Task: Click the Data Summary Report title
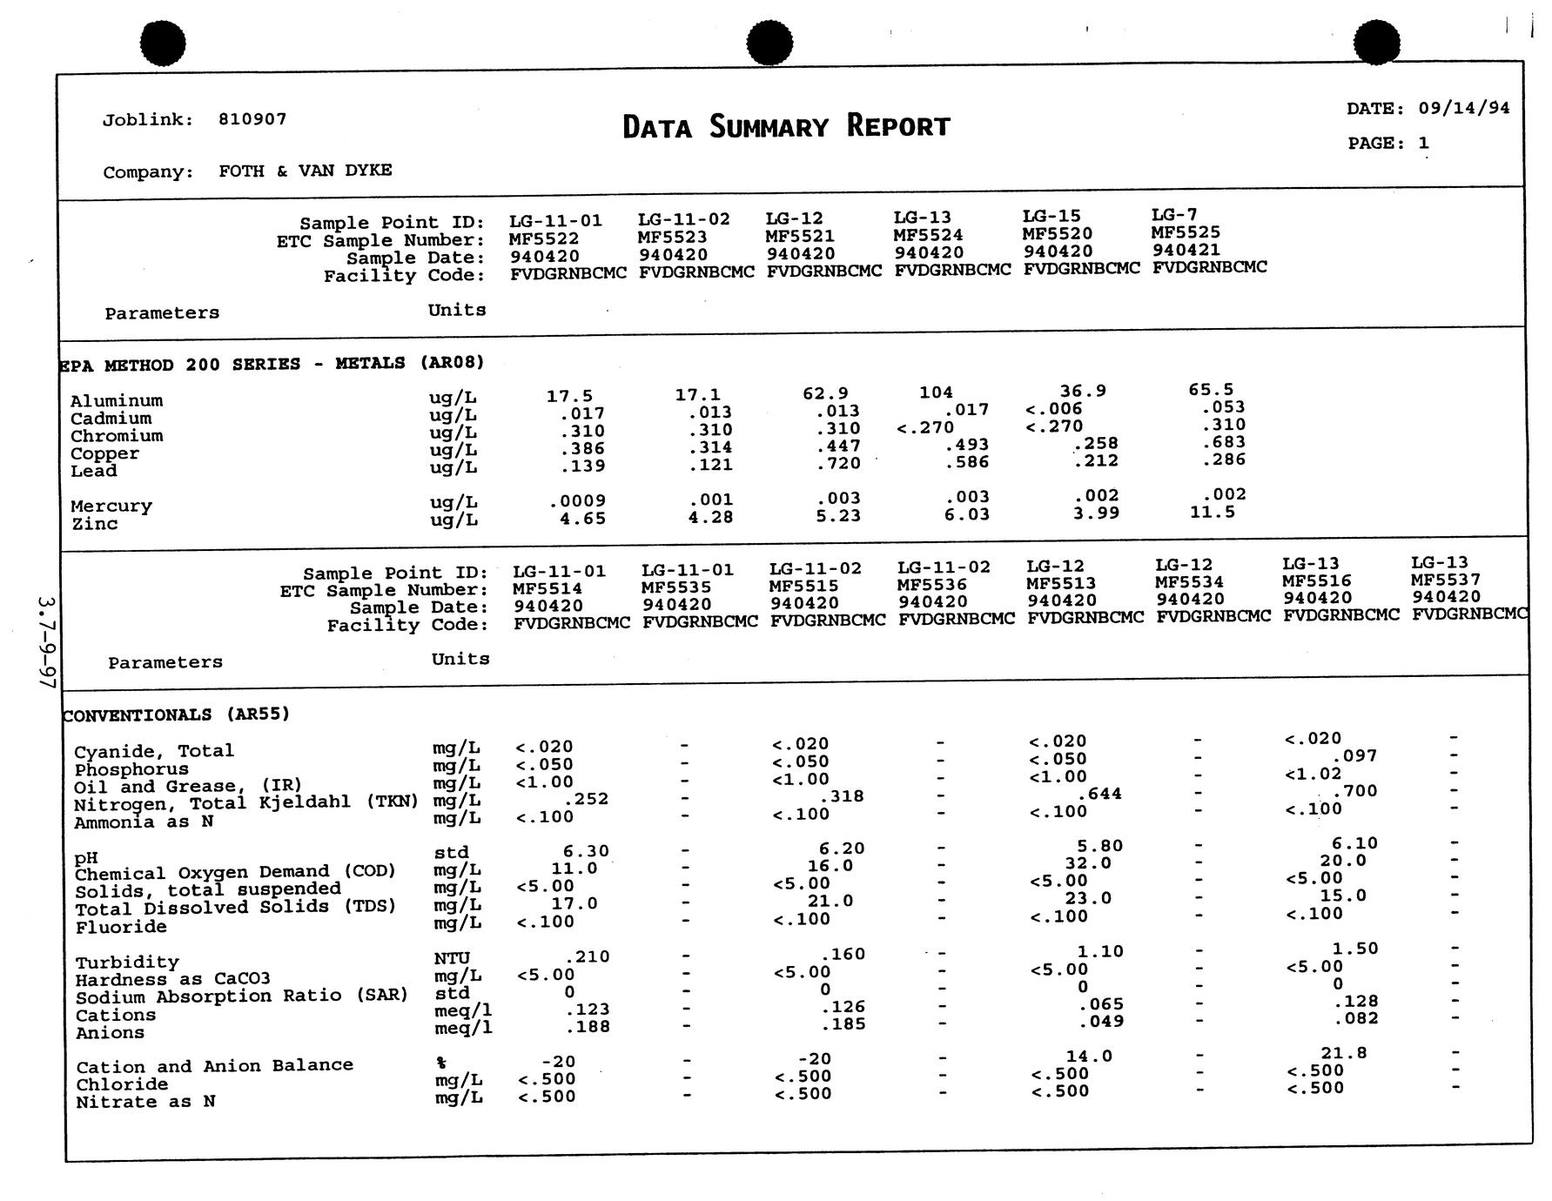click(x=786, y=127)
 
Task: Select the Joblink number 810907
click(x=252, y=119)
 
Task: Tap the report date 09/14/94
click(x=1463, y=108)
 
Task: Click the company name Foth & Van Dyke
click(x=305, y=171)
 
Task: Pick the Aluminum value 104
click(x=936, y=393)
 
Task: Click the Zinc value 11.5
click(x=1212, y=513)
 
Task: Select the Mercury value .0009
click(x=577, y=501)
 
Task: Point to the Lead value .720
click(x=838, y=464)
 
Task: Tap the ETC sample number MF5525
click(x=1185, y=232)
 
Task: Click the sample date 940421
click(x=1186, y=250)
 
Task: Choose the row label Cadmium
click(x=111, y=419)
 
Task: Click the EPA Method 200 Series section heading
click(x=271, y=364)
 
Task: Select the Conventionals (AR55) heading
click(x=176, y=715)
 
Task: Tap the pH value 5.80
click(x=1099, y=846)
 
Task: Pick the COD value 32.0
click(x=1088, y=863)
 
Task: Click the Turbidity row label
click(x=127, y=963)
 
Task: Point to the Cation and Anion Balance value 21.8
click(x=1343, y=1053)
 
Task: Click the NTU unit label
click(x=452, y=958)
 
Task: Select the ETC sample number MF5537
click(x=1445, y=580)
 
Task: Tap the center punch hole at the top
click(x=769, y=44)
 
